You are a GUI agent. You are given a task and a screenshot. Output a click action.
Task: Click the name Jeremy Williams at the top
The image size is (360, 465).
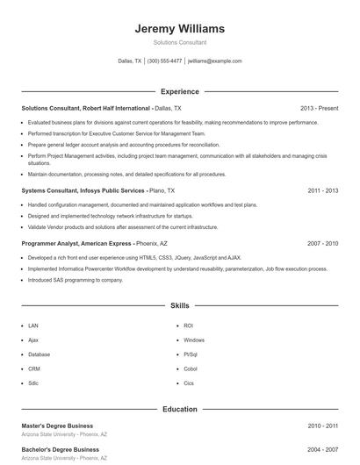click(x=180, y=28)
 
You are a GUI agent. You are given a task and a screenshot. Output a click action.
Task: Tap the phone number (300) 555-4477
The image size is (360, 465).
click(x=164, y=61)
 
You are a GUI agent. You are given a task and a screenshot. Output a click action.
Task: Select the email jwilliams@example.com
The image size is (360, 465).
click(x=215, y=61)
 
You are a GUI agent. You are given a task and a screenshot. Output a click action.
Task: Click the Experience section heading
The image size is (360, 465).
click(x=180, y=91)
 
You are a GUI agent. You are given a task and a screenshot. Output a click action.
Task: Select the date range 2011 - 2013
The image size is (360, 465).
click(x=323, y=190)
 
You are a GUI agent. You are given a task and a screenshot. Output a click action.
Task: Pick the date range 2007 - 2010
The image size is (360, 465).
click(x=323, y=243)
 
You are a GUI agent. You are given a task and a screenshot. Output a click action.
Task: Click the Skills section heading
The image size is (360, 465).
click(x=180, y=306)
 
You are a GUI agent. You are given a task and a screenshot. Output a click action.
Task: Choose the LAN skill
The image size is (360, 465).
click(x=33, y=325)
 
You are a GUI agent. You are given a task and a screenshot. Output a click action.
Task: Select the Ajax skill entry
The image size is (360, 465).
click(x=33, y=340)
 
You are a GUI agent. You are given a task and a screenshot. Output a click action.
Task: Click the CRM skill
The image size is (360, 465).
click(x=34, y=368)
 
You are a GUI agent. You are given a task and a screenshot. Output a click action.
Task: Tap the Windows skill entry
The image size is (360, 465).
click(x=193, y=340)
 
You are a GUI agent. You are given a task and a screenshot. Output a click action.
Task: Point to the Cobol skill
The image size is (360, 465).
click(x=191, y=368)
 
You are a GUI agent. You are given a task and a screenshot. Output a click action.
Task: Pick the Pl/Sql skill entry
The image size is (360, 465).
click(x=191, y=354)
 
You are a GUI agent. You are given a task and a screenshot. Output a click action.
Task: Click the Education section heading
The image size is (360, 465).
click(x=180, y=409)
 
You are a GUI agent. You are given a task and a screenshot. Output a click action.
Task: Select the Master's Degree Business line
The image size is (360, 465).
click(x=60, y=426)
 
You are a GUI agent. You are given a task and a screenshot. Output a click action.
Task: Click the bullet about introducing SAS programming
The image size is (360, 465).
click(x=76, y=280)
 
